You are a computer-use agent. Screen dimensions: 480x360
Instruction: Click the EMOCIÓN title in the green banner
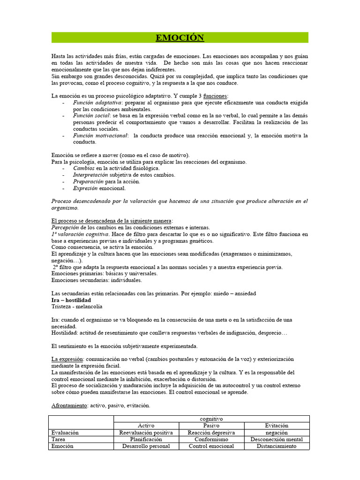(180, 38)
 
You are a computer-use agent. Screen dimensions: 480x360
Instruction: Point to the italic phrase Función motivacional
(100, 135)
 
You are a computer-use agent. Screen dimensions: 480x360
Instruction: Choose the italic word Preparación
(88, 181)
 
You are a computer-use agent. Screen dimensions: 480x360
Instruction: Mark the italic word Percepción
(68, 227)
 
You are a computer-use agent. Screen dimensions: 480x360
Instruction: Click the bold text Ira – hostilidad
(71, 300)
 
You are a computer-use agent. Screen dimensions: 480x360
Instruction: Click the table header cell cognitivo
(211, 419)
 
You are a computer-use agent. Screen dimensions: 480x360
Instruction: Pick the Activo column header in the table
(147, 426)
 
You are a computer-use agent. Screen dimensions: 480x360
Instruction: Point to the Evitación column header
(276, 426)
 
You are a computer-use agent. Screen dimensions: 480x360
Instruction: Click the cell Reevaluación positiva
(147, 433)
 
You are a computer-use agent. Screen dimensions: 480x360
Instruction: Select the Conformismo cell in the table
(211, 440)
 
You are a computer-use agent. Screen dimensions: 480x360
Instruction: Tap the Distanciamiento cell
(276, 446)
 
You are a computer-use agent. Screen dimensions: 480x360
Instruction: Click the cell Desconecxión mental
(276, 440)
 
